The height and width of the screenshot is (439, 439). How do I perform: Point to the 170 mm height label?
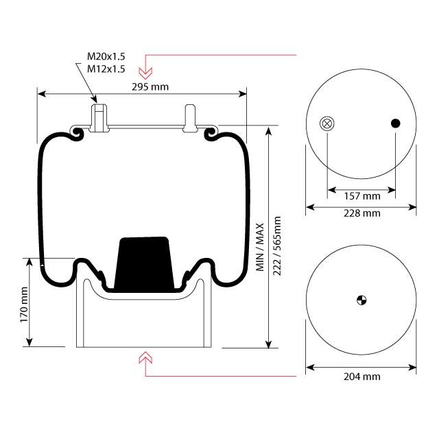point(23,306)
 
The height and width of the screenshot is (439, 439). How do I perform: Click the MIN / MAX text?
point(261,246)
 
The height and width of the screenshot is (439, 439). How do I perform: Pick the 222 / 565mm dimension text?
point(277,246)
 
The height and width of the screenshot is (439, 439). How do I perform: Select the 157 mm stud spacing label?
point(361,196)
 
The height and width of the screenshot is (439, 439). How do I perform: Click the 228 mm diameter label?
point(361,214)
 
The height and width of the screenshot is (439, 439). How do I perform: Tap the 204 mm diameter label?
point(361,377)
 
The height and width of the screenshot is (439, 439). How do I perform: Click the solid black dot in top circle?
point(396,123)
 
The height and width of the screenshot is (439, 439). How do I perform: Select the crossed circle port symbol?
point(327,123)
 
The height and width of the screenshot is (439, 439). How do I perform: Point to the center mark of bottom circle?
point(361,300)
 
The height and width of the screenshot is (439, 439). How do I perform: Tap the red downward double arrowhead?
point(145,70)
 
